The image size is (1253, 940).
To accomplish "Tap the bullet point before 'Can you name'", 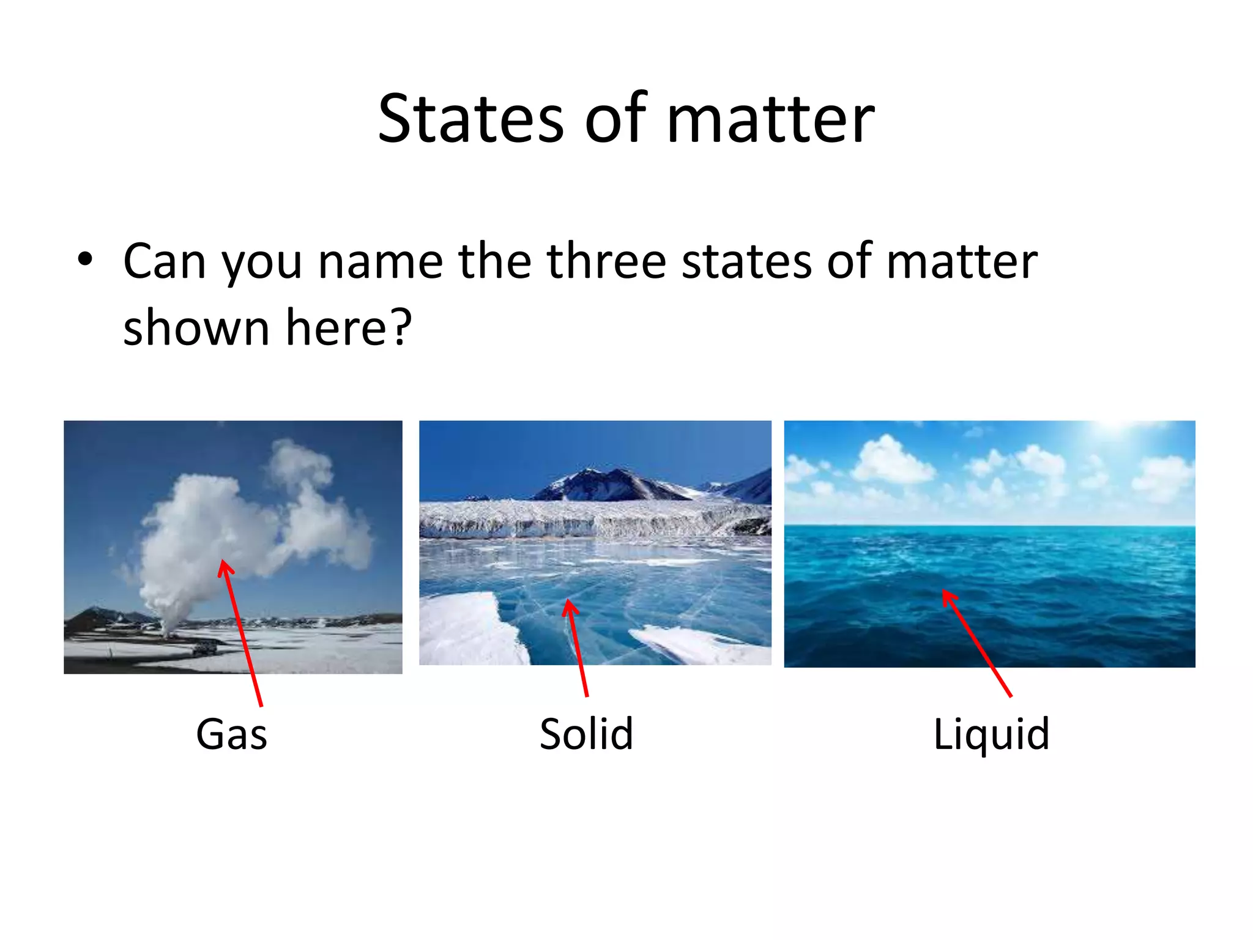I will (85, 259).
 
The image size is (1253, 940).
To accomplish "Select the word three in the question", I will (606, 261).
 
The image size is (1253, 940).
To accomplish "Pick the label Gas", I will (231, 734).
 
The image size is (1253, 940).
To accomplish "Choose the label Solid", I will (586, 734).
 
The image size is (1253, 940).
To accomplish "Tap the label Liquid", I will (991, 734).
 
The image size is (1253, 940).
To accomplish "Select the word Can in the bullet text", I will (164, 261).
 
